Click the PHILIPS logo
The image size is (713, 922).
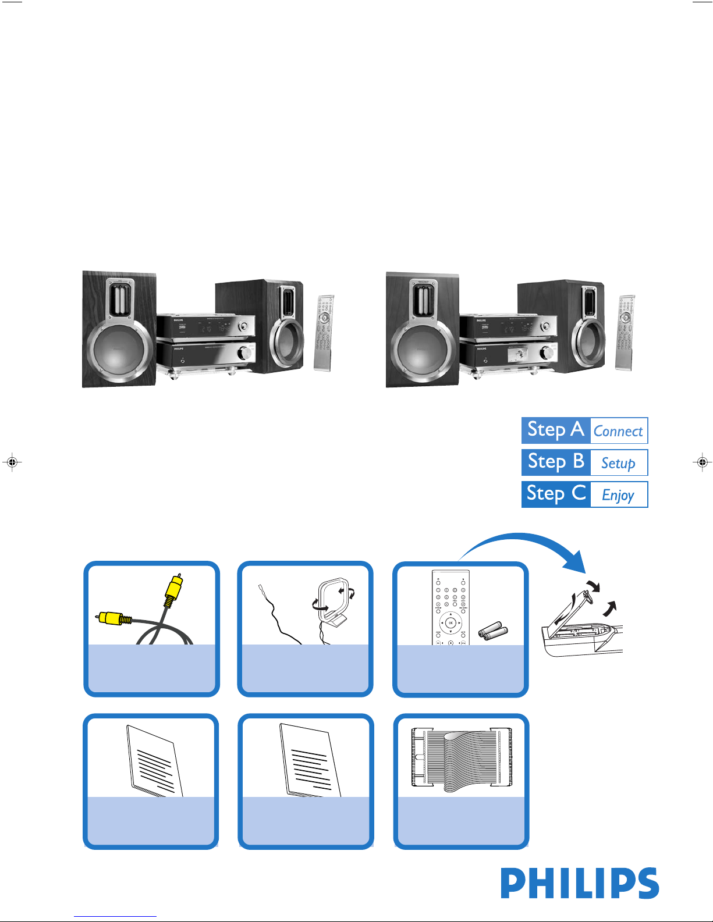tap(580, 884)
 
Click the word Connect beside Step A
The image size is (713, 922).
tap(618, 431)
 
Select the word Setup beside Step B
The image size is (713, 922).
tap(618, 463)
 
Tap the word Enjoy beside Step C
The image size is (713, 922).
tap(618, 495)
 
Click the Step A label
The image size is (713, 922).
tap(555, 430)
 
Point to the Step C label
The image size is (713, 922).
tap(555, 494)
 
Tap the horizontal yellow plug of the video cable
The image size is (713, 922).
tap(112, 618)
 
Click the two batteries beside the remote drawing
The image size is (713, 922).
tap(493, 631)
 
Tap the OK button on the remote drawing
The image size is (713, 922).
tap(450, 623)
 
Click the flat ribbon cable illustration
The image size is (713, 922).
tap(461, 759)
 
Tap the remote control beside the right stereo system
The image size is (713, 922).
tap(625, 332)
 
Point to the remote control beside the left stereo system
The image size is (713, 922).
tap(324, 332)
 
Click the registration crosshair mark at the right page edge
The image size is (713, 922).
tap(703, 462)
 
